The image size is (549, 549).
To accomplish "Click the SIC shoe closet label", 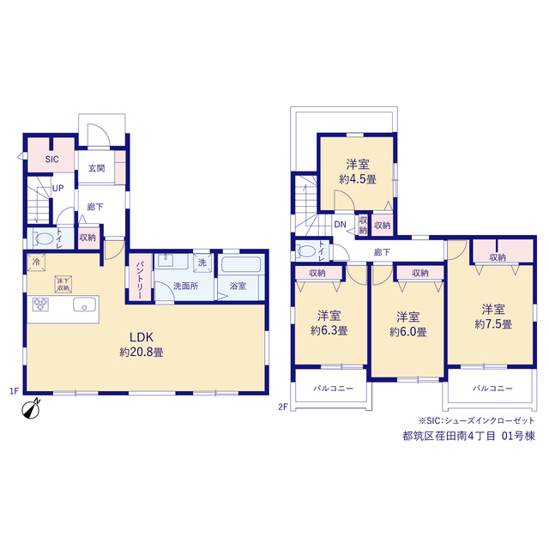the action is tap(51, 160).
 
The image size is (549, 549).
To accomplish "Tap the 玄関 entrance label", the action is tap(96, 168).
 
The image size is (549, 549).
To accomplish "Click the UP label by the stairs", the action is tap(57, 189).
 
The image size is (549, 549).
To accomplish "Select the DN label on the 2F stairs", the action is tap(340, 225).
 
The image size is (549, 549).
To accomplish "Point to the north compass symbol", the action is tap(31, 408).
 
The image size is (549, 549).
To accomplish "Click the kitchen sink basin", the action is tap(84, 305).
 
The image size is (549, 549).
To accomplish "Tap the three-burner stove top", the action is tap(40, 305).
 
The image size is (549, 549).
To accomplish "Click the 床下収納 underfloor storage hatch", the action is tap(63, 284).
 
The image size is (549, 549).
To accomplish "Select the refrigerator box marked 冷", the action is tap(36, 262).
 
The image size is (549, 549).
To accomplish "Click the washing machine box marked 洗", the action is tap(202, 262).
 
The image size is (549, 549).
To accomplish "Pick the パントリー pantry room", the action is tap(140, 276).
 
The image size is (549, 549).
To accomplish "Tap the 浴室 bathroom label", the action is tap(238, 287).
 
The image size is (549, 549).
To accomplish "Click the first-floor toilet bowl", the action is tap(43, 239).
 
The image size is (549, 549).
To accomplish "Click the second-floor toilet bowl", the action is tap(307, 251).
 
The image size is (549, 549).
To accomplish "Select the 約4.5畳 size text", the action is tap(358, 179).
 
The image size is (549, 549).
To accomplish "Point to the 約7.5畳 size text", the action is tap(493, 324).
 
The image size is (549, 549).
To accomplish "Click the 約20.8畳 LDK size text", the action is tap(142, 352).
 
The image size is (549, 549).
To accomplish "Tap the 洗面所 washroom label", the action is tap(185, 286).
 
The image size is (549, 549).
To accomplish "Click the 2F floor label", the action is tap(283, 407).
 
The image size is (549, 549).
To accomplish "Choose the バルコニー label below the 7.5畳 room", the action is tap(492, 389).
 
